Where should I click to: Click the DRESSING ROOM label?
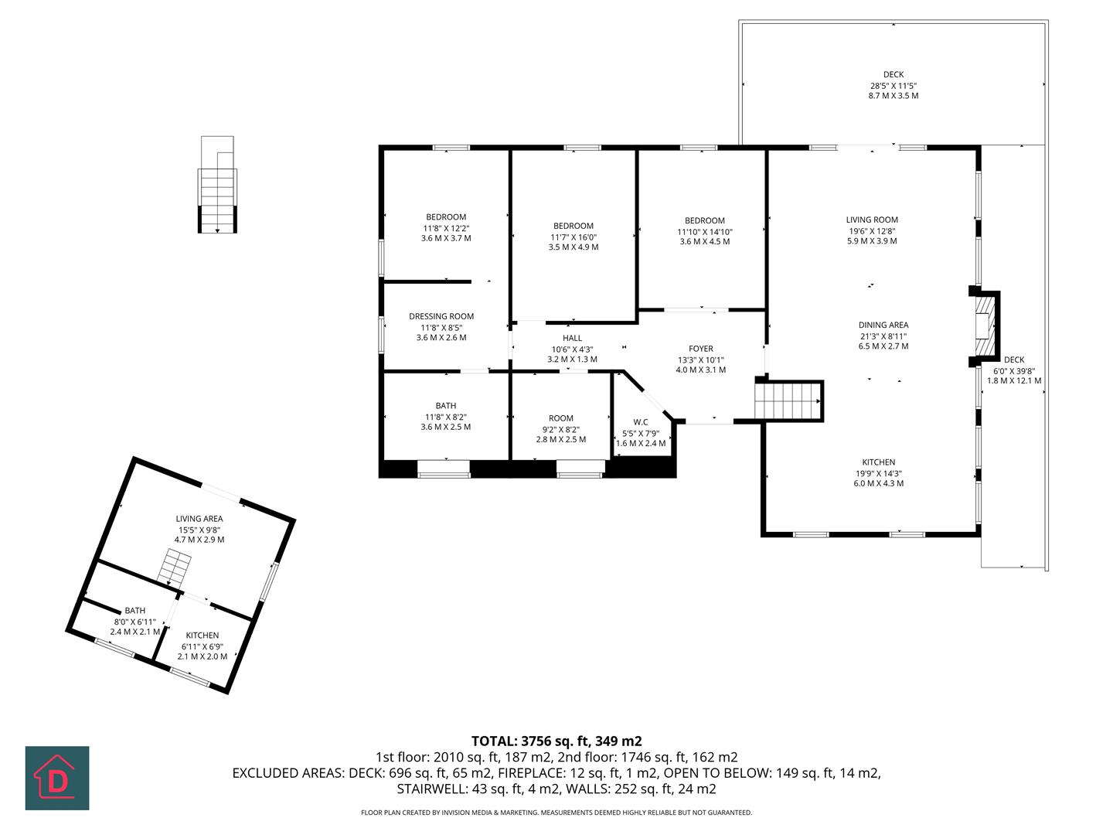(441, 316)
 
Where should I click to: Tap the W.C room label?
(640, 422)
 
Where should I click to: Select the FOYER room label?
(701, 349)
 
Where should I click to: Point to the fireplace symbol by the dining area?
(982, 326)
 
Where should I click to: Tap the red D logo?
(57, 778)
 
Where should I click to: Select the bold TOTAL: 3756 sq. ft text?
(556, 741)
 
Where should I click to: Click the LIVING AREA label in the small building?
(199, 519)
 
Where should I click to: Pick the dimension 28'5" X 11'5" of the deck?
(893, 86)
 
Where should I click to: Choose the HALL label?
(572, 338)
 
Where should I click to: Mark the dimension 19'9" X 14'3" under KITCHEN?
(879, 473)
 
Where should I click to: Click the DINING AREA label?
(883, 325)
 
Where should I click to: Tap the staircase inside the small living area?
(175, 567)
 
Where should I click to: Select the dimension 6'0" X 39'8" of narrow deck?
(1014, 370)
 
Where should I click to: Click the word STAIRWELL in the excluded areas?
(428, 789)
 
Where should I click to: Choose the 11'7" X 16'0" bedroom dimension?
(574, 237)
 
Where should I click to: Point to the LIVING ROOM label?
(872, 220)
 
